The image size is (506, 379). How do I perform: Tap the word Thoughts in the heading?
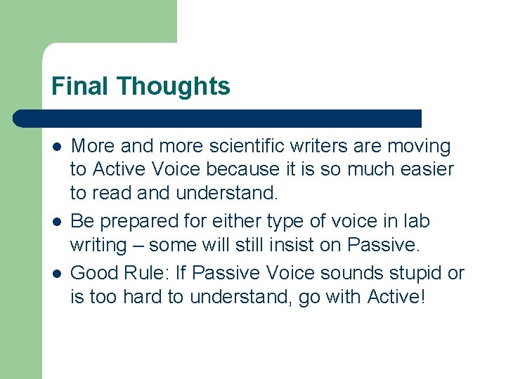click(174, 86)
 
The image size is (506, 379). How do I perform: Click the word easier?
click(430, 170)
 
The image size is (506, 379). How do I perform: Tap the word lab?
click(417, 221)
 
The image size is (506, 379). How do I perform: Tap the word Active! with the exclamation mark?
click(396, 296)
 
